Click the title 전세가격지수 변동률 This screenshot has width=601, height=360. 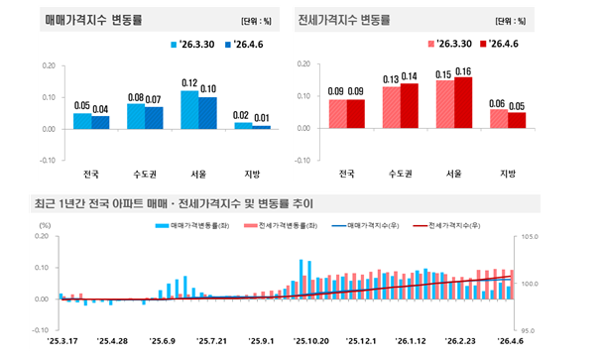click(345, 19)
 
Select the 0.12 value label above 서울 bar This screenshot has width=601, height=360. click(189, 83)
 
